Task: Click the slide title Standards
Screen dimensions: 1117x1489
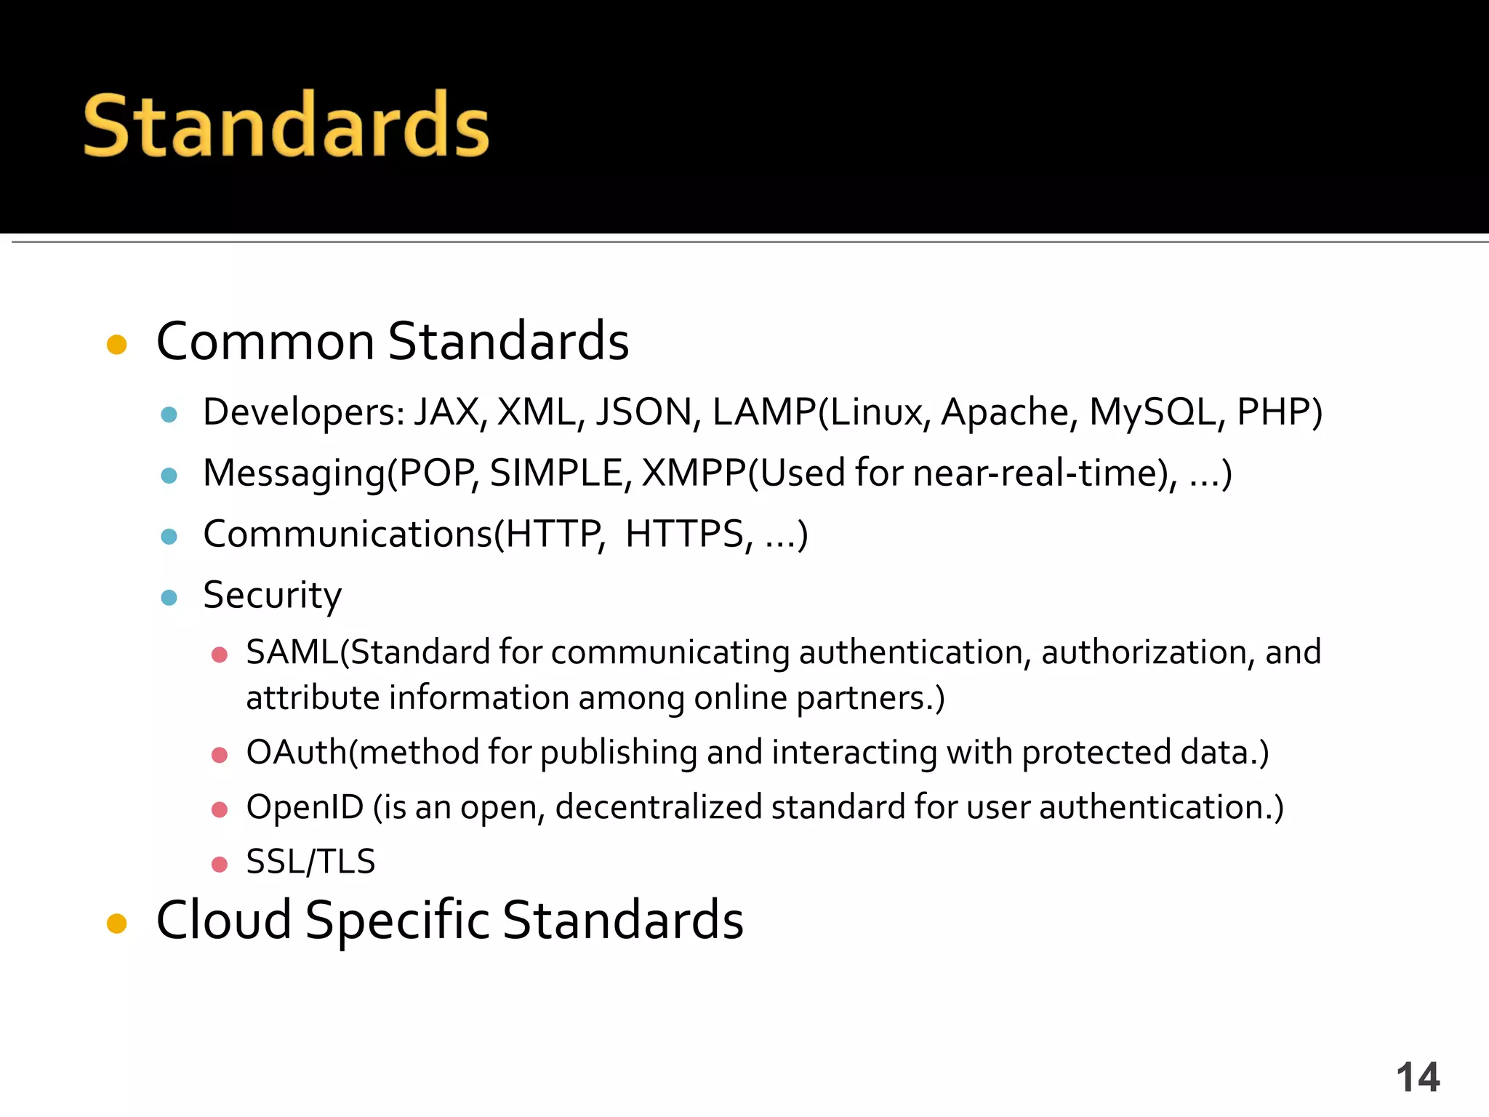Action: coord(286,125)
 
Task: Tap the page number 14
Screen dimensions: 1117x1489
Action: coord(1417,1077)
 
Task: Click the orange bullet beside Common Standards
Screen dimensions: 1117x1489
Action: coord(117,344)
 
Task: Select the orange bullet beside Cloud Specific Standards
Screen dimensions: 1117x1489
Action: coord(117,924)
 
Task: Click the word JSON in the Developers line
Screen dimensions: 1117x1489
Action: coord(643,412)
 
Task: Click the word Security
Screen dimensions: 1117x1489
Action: coord(272,596)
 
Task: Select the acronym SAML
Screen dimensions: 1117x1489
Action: coord(292,652)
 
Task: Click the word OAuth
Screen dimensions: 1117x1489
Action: coord(297,753)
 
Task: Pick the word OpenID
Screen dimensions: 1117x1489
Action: coord(305,808)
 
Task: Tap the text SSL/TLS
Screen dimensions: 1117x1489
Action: coord(310,862)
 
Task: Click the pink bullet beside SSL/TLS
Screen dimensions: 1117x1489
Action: coord(220,864)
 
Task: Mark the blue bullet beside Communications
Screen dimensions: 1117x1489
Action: coord(169,537)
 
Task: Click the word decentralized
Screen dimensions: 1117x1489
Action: coord(658,808)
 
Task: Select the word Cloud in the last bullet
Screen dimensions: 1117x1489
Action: coord(224,921)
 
